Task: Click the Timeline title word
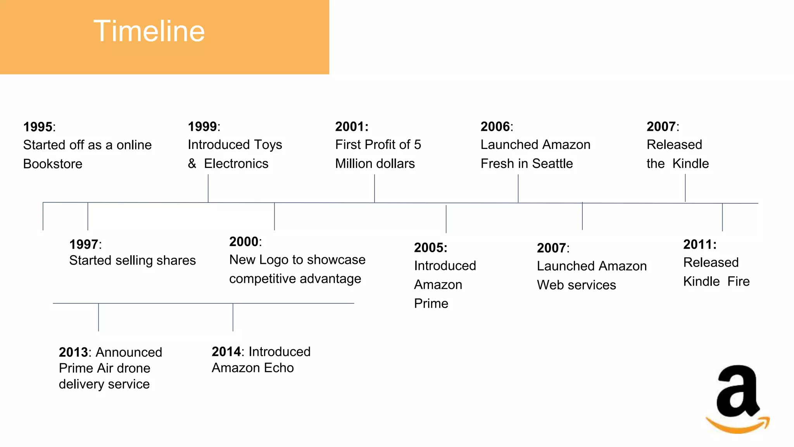click(149, 31)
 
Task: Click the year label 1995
click(38, 127)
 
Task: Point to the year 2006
click(495, 126)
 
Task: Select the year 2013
click(73, 352)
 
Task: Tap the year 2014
click(226, 352)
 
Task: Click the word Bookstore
click(53, 164)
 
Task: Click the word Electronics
click(236, 163)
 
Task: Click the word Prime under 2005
click(431, 303)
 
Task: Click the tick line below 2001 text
click(375, 188)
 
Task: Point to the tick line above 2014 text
click(233, 317)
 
